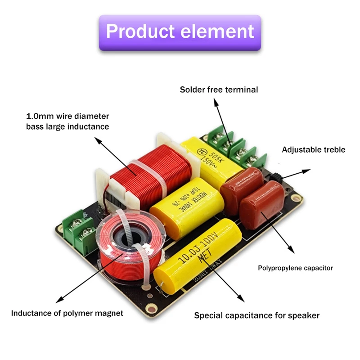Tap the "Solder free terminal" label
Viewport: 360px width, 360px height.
219,90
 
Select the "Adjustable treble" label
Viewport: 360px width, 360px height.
314,149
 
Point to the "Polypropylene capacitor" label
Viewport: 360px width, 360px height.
295,268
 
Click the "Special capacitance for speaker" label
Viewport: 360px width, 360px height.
256,315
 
